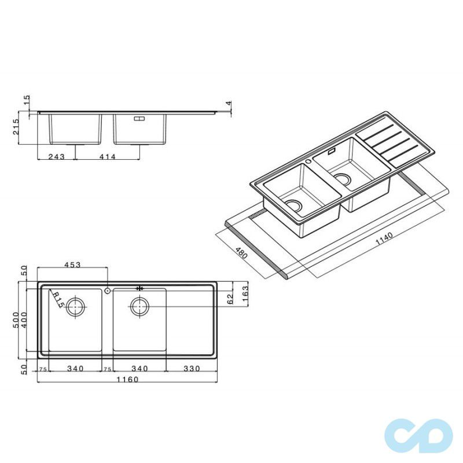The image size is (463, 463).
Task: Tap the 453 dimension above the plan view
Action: (x=72, y=264)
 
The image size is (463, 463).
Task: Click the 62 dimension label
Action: (x=230, y=299)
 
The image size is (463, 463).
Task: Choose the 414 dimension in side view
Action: (x=107, y=156)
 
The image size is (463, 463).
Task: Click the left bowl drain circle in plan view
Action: (x=75, y=306)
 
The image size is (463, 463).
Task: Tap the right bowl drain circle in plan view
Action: (x=139, y=306)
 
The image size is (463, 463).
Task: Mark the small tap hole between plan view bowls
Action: (x=108, y=291)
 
